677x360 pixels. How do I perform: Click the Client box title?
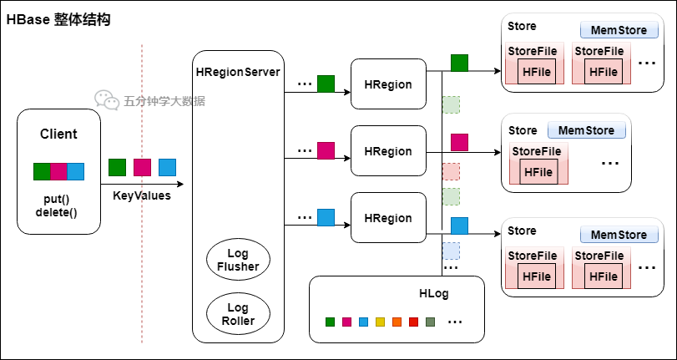tap(58, 134)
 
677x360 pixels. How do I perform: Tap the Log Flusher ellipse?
tap(239, 260)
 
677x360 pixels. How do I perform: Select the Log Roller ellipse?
tap(239, 314)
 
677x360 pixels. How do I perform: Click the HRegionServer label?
tap(238, 72)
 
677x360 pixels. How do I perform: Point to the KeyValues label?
tap(142, 195)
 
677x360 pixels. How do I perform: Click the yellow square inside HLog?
tap(380, 322)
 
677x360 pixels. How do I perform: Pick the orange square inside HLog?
tap(397, 322)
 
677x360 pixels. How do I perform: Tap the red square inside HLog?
tap(413, 322)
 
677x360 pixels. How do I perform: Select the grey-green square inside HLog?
tap(430, 322)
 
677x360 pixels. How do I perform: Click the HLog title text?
tap(434, 294)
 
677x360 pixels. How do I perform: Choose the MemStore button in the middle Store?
tap(587, 130)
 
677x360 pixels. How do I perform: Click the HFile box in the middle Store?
tap(538, 172)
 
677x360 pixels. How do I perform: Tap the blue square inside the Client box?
tap(76, 171)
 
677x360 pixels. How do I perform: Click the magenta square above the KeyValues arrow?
tap(142, 167)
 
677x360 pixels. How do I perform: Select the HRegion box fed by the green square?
tap(388, 84)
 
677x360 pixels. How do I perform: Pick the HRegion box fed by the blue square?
tap(388, 217)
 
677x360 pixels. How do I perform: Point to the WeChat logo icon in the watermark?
tap(107, 100)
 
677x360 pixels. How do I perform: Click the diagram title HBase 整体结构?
tap(58, 20)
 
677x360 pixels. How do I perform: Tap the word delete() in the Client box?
tap(57, 213)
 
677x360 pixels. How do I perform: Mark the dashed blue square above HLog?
tap(451, 251)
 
